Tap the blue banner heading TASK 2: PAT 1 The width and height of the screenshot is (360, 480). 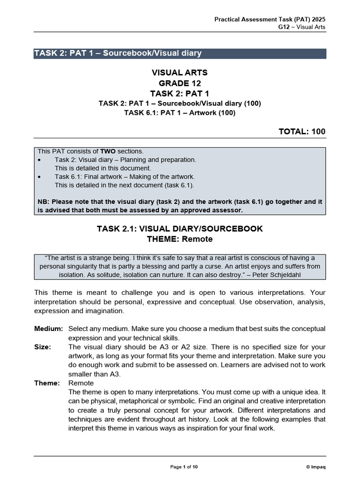[x=118, y=53]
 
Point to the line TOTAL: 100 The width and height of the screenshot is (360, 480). [x=302, y=132]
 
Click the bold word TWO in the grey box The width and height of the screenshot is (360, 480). [x=107, y=151]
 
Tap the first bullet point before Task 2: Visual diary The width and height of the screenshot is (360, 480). [x=39, y=160]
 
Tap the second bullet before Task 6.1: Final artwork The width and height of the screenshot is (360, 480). [x=39, y=177]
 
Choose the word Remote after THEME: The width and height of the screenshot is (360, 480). [x=197, y=239]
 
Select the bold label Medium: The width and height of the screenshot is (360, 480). [x=48, y=329]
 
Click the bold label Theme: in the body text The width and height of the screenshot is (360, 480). [x=47, y=383]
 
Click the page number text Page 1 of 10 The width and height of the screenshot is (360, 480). [x=184, y=467]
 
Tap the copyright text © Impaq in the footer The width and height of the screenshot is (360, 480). [x=315, y=467]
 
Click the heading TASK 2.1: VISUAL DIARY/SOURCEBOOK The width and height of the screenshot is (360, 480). [x=180, y=229]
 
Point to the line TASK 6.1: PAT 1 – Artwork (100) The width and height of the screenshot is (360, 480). [x=180, y=112]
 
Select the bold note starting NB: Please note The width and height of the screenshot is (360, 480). [x=180, y=206]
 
